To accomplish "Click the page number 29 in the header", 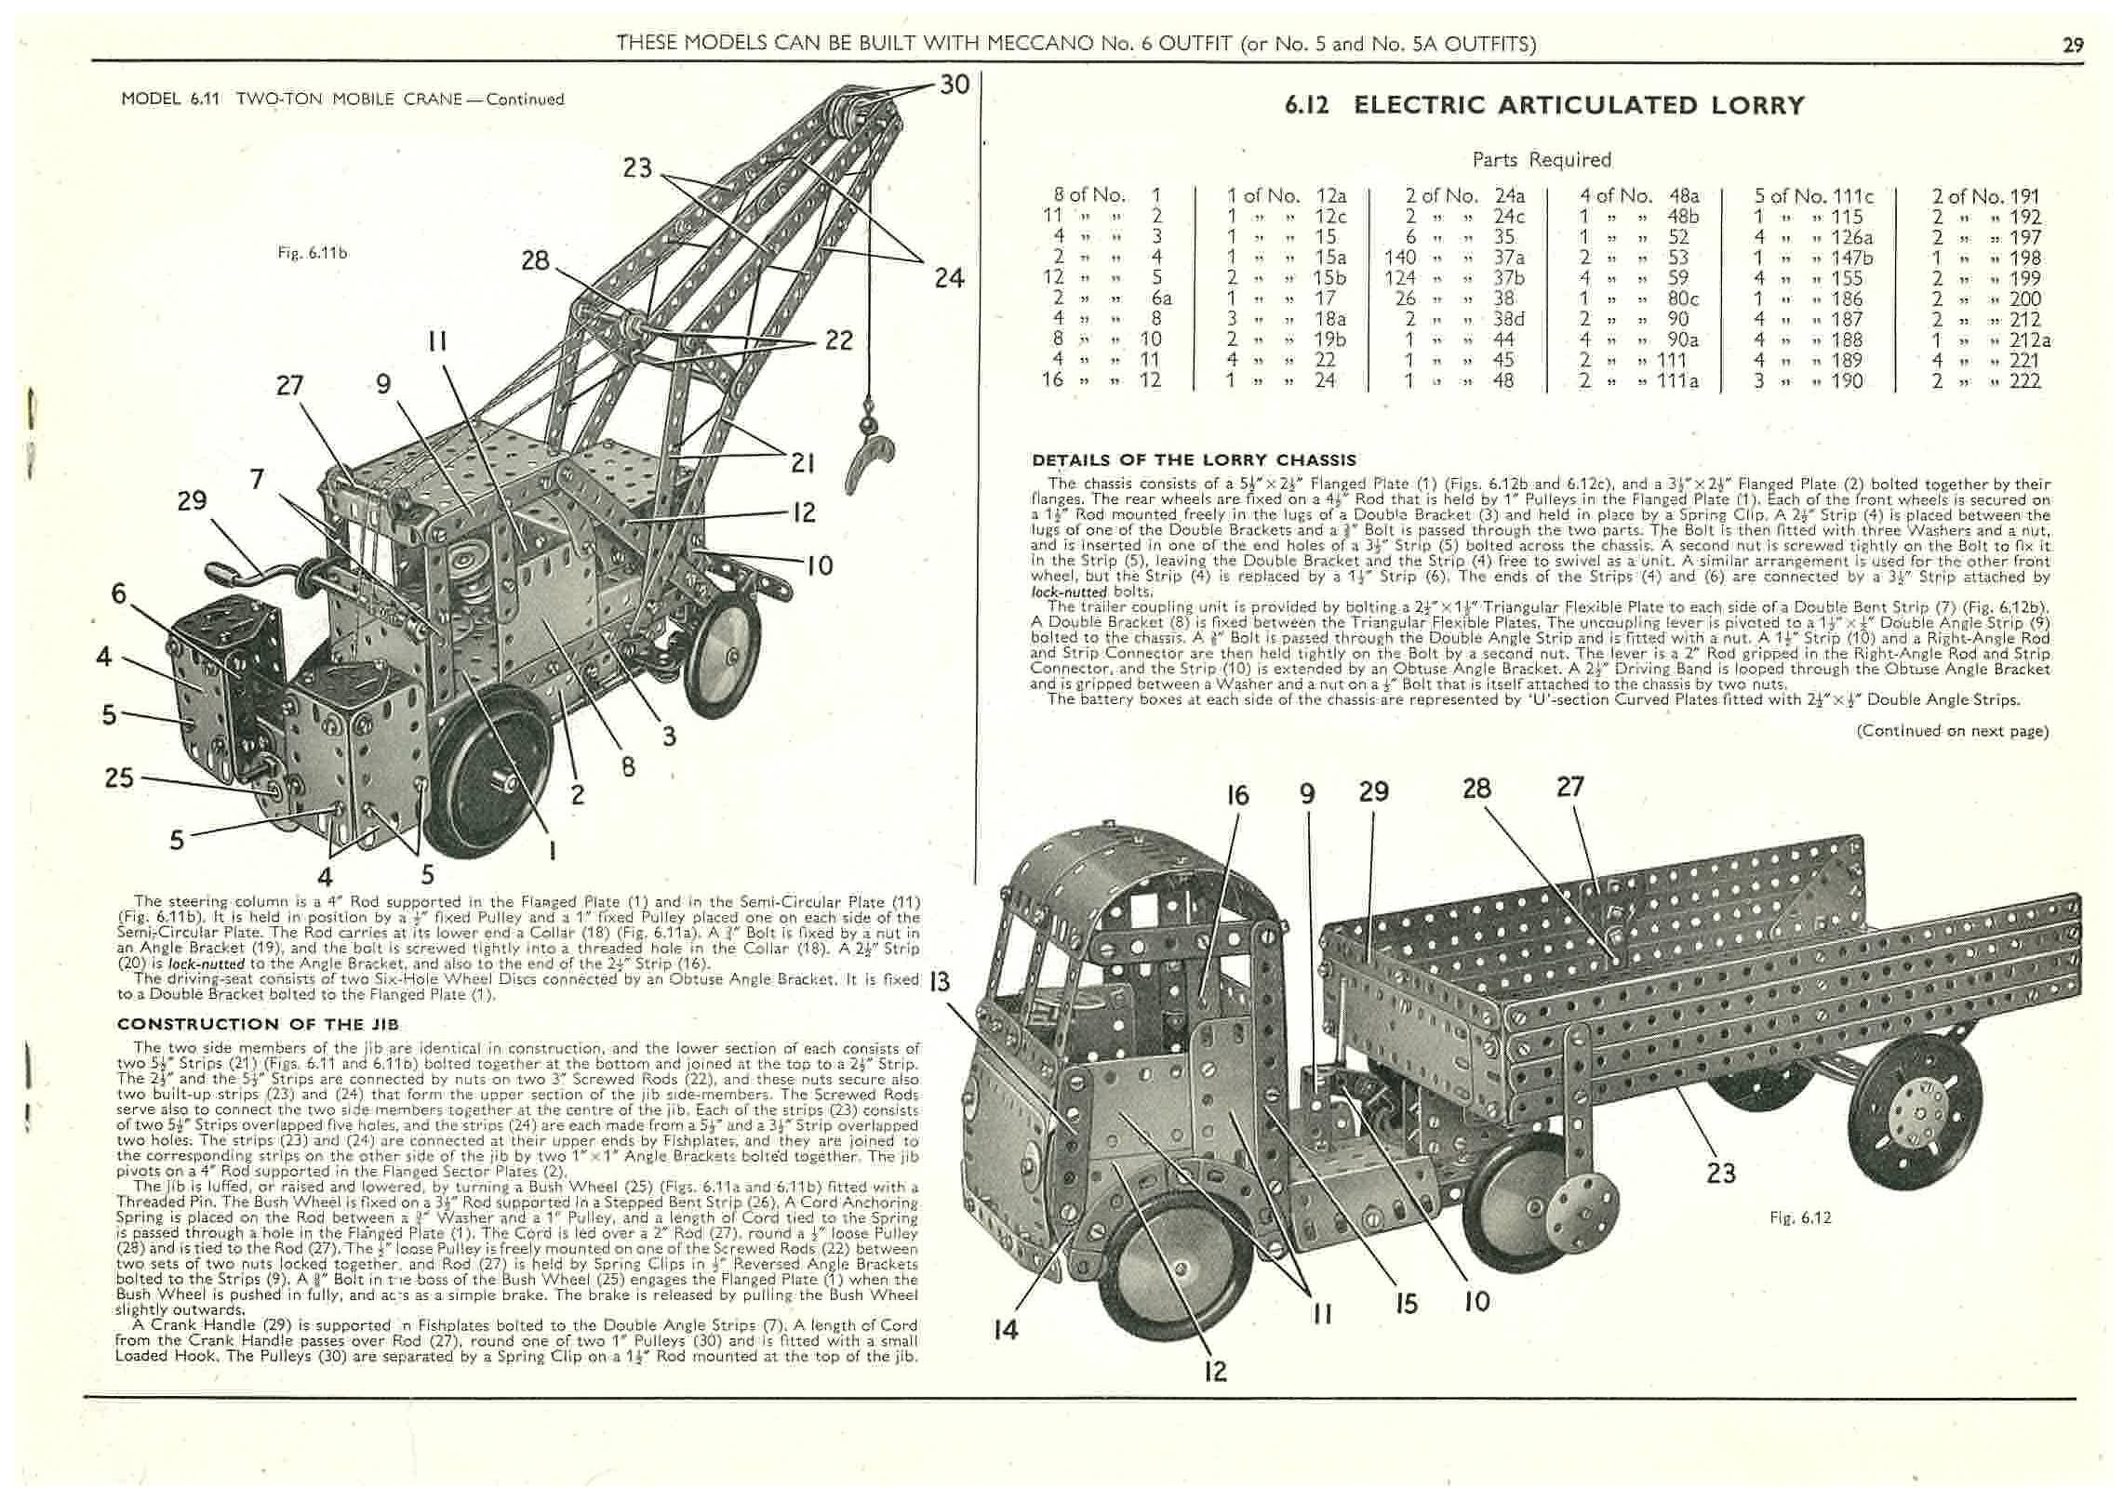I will coord(2073,44).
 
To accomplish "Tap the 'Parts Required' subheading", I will coord(1542,159).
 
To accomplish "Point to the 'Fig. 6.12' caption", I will coord(1800,1216).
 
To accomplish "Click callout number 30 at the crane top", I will coord(955,85).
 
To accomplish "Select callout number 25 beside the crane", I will coord(119,777).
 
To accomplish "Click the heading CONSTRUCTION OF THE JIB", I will coord(258,1024).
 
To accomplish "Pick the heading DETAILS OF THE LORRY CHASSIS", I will coord(1194,459).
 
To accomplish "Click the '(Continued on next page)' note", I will coord(1952,731).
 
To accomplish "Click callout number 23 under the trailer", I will coord(1721,1173).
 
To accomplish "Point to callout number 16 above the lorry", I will coord(1237,795).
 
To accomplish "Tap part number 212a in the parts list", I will coord(2029,339).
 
